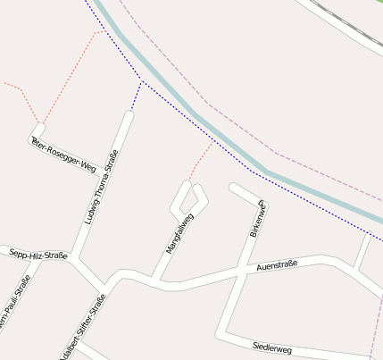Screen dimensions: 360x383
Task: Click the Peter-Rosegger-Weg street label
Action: tap(63, 155)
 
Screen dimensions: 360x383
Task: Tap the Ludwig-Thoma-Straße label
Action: tap(100, 190)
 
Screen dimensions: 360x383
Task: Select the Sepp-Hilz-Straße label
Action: tap(38, 255)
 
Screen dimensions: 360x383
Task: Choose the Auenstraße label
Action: tap(276, 265)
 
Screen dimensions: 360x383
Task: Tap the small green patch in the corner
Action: tap(379, 2)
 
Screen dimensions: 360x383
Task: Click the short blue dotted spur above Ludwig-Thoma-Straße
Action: tap(136, 96)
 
